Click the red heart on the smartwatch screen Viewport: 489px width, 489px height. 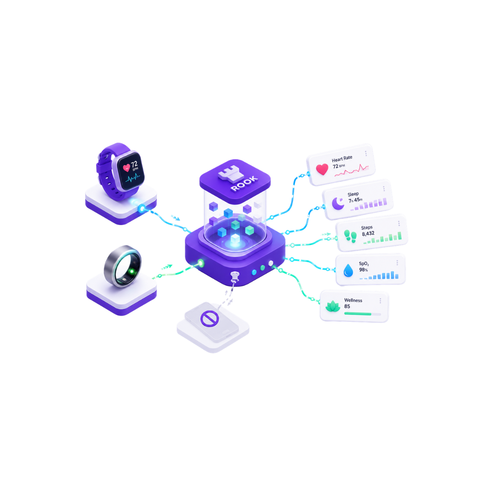126,168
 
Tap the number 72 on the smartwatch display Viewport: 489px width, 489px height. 134,164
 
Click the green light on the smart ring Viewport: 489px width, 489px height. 132,271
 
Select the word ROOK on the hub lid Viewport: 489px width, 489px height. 244,183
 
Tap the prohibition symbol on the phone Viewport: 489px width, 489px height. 209,319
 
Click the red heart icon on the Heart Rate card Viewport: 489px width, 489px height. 322,169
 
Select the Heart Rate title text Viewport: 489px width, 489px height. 342,159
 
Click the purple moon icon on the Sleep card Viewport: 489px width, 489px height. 338,203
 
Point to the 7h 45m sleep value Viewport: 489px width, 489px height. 355,200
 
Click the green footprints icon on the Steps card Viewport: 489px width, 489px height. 350,236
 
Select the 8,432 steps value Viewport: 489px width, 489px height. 368,233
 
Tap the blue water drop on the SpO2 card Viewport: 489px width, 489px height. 348,270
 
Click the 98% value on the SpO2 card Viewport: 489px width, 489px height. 363,269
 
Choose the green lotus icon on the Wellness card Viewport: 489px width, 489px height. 333,306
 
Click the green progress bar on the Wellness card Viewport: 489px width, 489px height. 357,314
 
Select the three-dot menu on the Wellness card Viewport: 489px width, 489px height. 380,301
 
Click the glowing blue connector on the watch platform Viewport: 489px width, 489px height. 142,209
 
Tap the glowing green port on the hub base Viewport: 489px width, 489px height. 201,263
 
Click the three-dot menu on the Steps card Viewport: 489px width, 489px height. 399,223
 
